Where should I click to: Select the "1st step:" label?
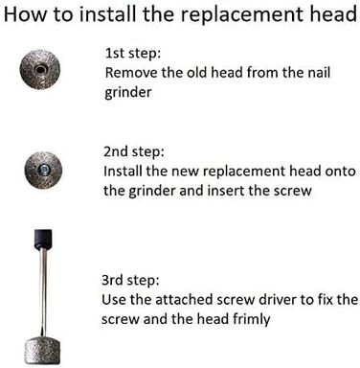[x=133, y=53]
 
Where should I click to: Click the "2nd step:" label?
[x=134, y=151]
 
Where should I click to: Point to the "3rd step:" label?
[x=130, y=280]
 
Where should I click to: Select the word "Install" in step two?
[x=123, y=171]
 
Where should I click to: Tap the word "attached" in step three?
[x=184, y=300]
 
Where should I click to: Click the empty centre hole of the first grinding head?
[x=40, y=69]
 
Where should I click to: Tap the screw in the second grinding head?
[x=43, y=169]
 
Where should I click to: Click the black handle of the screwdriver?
[x=43, y=240]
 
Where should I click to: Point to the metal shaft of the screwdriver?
[x=43, y=292]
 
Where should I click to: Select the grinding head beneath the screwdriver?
[x=43, y=351]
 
